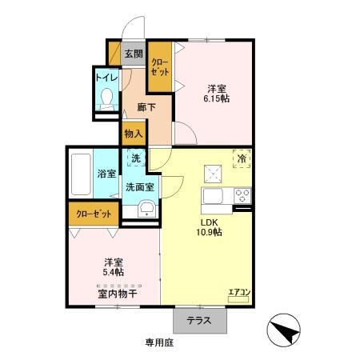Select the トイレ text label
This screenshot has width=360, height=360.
point(106,78)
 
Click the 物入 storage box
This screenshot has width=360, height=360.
point(133,134)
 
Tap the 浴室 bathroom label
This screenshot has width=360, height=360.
point(106,173)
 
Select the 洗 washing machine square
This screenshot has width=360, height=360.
point(136,160)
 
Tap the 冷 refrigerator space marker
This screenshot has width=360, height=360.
point(241,160)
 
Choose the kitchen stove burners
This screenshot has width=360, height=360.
point(242,197)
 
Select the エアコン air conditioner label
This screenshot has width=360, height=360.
point(239,292)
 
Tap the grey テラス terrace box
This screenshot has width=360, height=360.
point(200,320)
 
